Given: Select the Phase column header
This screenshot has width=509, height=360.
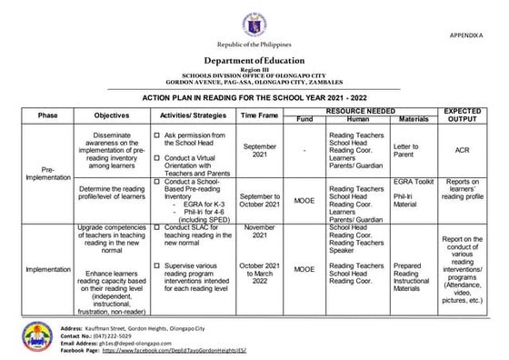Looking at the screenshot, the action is point(47,115).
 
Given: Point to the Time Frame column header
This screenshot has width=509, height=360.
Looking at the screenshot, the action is point(260,115).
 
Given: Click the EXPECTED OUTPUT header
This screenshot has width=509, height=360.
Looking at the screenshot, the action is point(463,115).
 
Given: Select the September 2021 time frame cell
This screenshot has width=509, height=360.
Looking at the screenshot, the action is point(260,150).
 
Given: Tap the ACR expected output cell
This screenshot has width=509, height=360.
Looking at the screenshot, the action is point(463,150).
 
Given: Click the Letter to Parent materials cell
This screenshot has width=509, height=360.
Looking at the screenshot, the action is point(406,150).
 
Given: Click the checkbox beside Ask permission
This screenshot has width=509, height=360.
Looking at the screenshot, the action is point(157,134).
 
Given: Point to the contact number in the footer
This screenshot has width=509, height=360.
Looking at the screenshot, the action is point(119,335).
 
